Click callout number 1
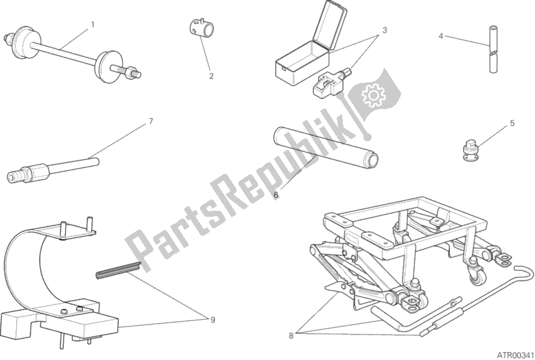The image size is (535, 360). [92, 25]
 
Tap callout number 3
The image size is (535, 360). [385, 30]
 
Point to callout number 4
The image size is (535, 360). [441, 35]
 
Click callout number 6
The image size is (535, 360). [275, 195]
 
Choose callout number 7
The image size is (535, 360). [151, 122]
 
